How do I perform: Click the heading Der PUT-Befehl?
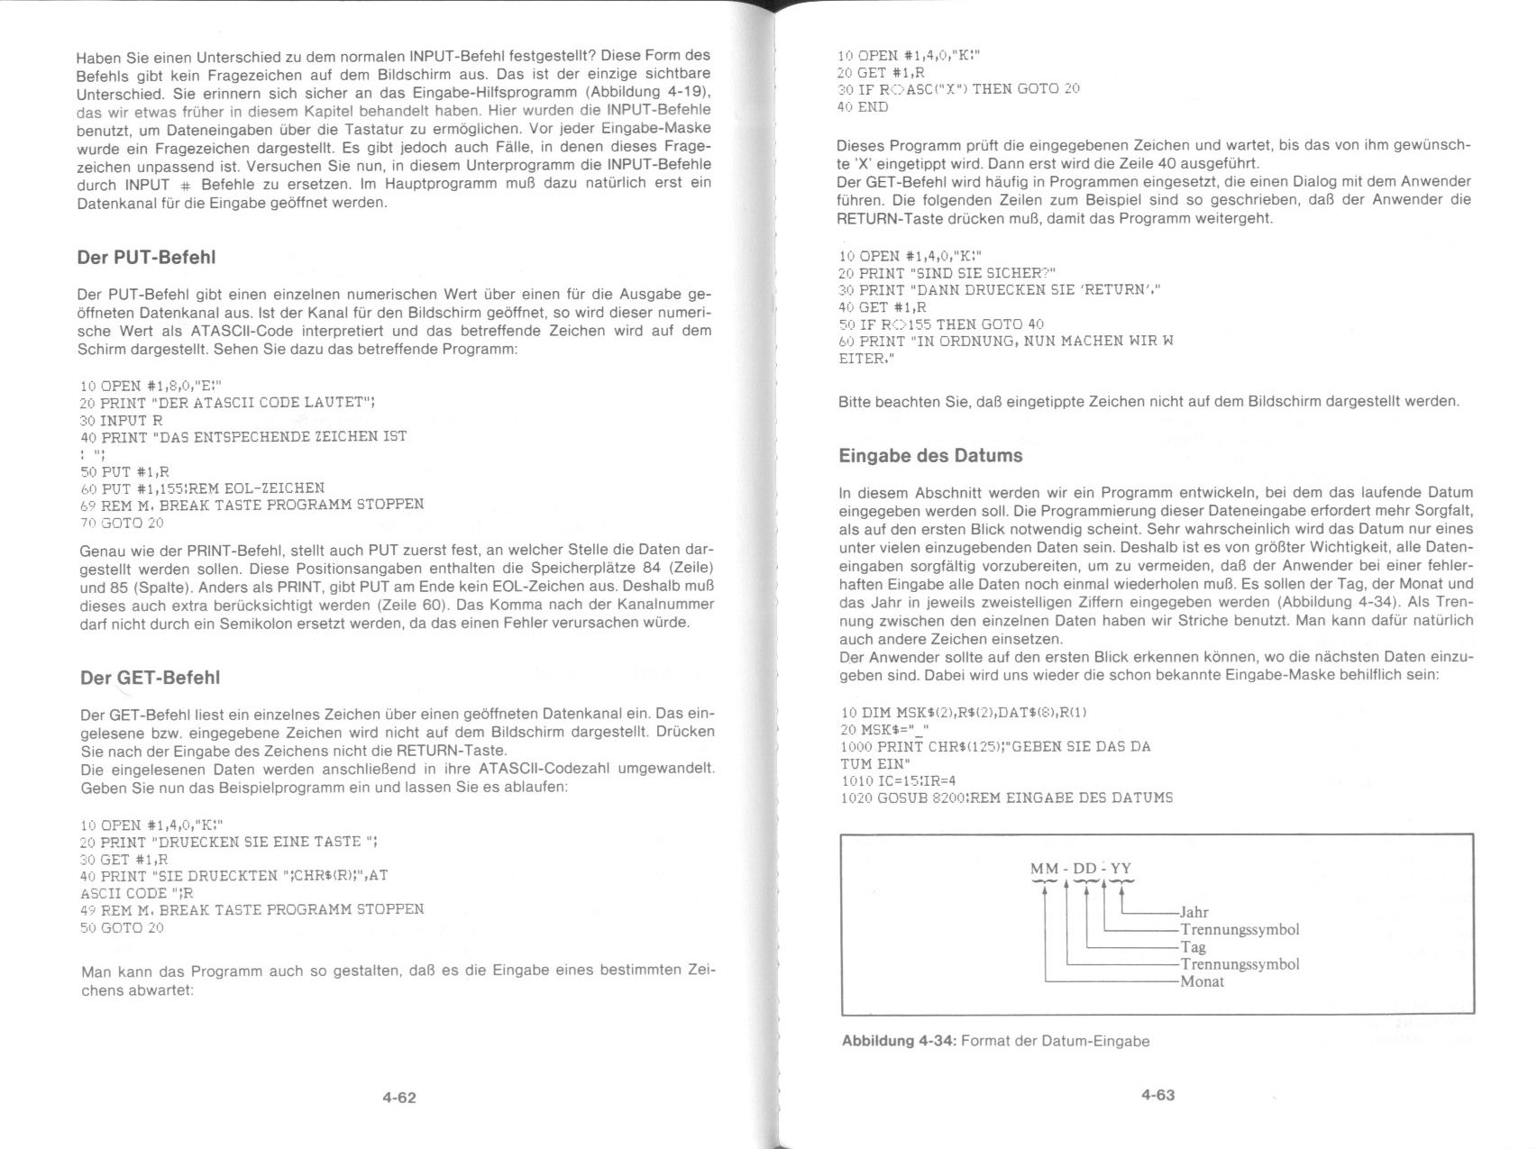click(x=146, y=258)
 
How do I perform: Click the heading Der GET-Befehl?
click(x=150, y=678)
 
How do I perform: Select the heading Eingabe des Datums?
click(x=930, y=456)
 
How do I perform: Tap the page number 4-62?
click(x=399, y=1098)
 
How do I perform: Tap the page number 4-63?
click(x=1157, y=1095)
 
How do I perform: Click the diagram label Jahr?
click(x=1194, y=912)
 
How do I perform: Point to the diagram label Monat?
click(x=1202, y=981)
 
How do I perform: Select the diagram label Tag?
click(x=1193, y=947)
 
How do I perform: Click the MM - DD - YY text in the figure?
click(x=1080, y=869)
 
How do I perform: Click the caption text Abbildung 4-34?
click(x=898, y=1042)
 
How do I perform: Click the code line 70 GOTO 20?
click(x=122, y=523)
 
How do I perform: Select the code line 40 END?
click(x=863, y=106)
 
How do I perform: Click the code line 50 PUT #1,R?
click(x=124, y=471)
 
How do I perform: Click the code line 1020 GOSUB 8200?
click(x=1005, y=798)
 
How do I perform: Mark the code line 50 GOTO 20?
click(x=122, y=927)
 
